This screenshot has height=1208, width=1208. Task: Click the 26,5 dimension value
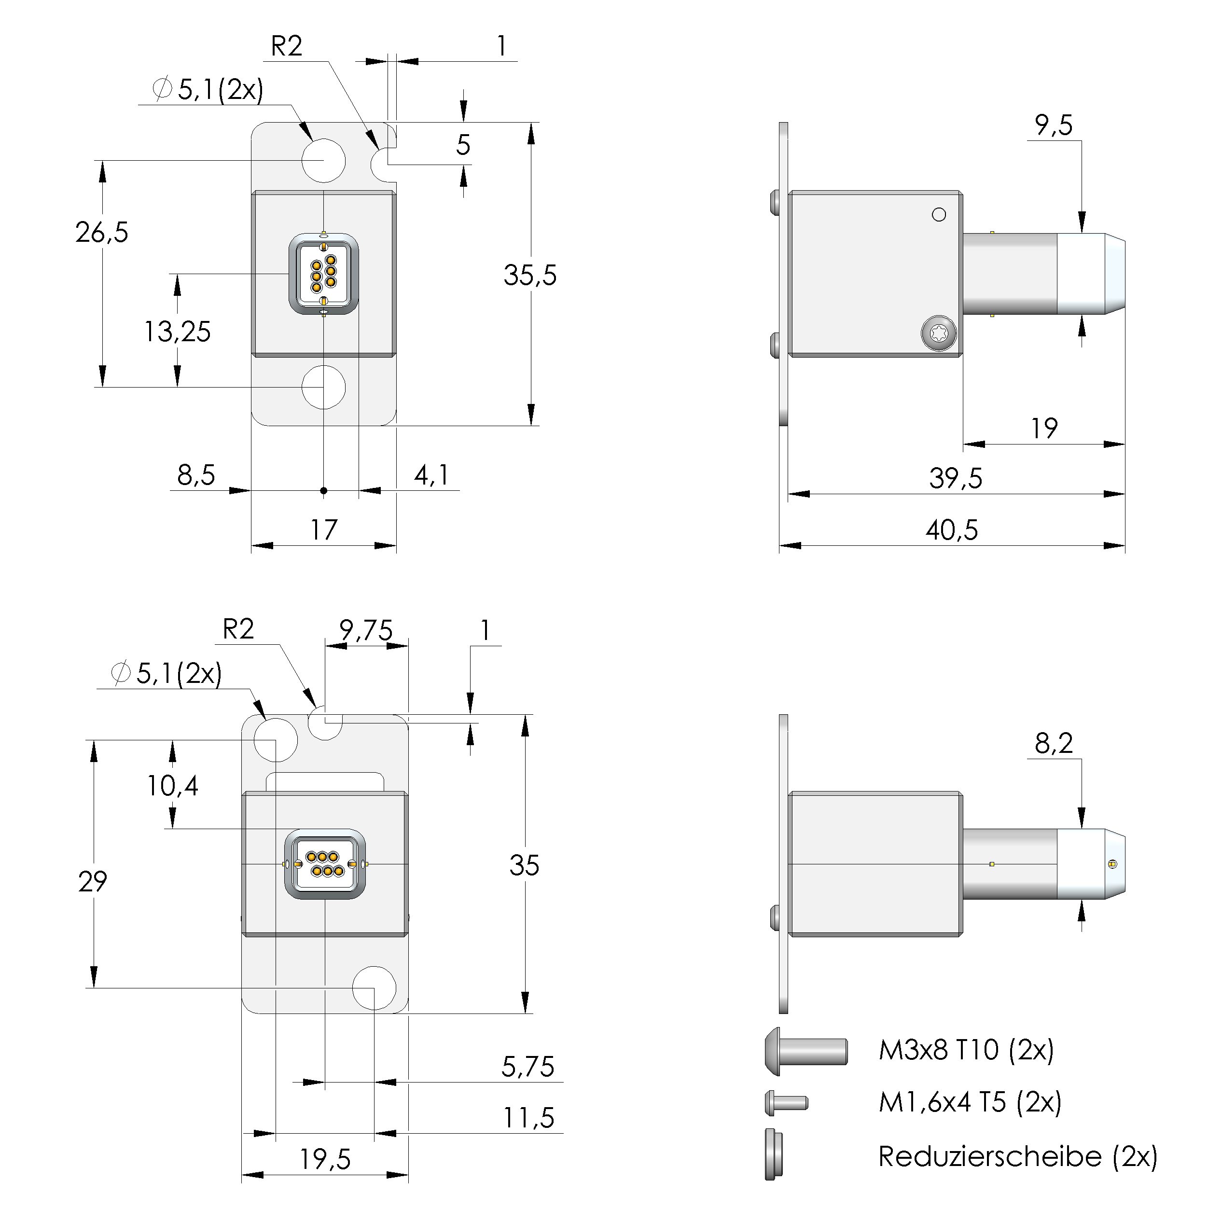(x=102, y=233)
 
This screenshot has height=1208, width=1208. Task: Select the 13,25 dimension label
(x=178, y=332)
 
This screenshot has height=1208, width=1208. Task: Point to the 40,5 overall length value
(x=952, y=529)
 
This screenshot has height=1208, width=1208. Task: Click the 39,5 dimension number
(x=956, y=478)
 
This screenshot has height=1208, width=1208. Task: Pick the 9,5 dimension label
(x=1054, y=125)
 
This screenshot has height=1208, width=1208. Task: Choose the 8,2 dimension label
(x=1054, y=743)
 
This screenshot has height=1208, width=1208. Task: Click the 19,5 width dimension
(x=325, y=1160)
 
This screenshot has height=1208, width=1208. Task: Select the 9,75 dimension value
(x=366, y=630)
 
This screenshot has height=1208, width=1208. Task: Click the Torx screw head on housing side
(x=939, y=333)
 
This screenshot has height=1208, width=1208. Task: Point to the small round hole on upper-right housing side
(x=939, y=214)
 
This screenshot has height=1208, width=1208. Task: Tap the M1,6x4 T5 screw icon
(x=786, y=1102)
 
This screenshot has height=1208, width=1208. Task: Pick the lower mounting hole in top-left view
(x=323, y=387)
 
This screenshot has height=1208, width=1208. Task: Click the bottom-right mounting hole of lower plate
(x=374, y=988)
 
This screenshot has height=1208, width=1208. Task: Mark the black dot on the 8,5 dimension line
(x=323, y=491)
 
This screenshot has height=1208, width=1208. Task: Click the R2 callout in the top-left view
(x=286, y=46)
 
